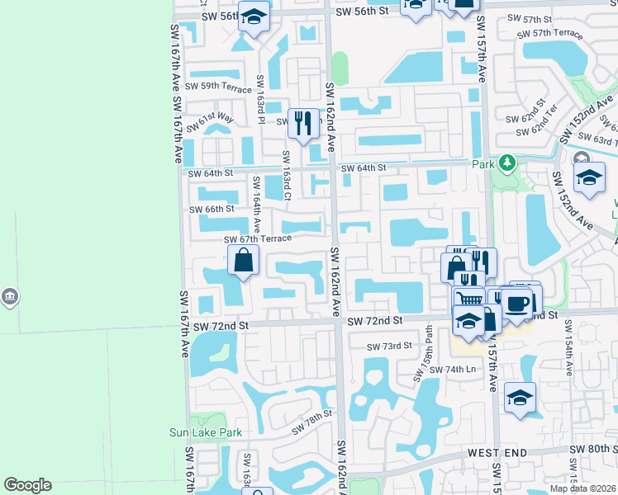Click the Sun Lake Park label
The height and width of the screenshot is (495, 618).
206,432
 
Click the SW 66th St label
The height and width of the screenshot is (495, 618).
212,210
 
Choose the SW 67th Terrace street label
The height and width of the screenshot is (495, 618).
259,239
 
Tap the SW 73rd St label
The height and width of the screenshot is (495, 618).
390,346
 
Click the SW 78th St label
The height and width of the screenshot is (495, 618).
311,422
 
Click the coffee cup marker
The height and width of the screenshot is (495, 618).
519,303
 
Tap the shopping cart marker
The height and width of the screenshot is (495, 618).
468,300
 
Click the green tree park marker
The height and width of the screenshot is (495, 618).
506,163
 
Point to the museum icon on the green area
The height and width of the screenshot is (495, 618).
9,296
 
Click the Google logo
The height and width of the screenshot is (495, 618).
28,485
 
